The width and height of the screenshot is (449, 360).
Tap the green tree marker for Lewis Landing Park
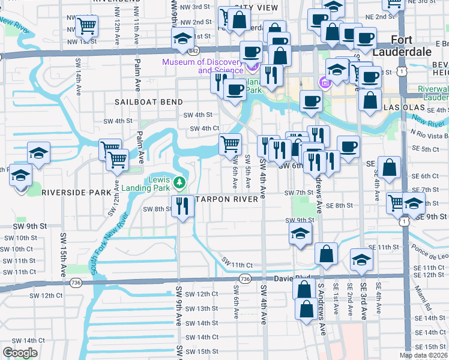point(178,182)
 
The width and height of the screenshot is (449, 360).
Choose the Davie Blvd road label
point(292,278)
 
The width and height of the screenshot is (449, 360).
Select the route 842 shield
point(193,52)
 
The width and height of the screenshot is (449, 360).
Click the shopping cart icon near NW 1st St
point(88,26)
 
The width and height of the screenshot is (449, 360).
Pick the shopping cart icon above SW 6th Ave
point(231,145)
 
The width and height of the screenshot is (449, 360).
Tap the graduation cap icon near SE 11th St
point(361,259)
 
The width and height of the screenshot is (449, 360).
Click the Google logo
point(20,353)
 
